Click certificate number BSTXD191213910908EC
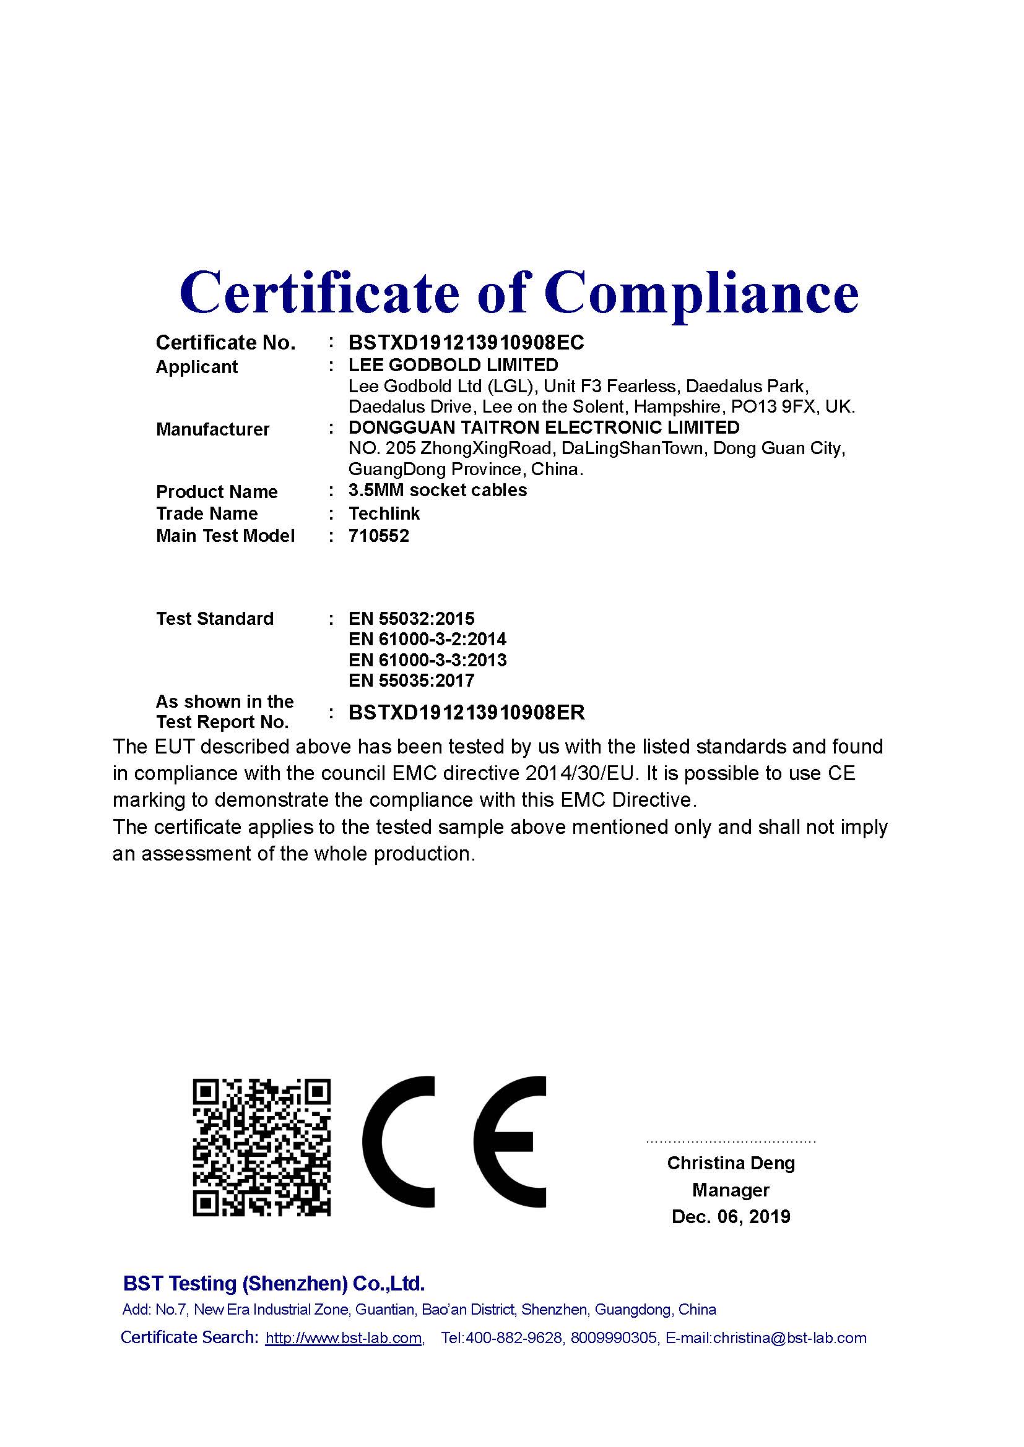click(x=466, y=342)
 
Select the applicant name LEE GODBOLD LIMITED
click(x=453, y=365)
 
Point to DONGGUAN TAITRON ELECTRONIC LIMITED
click(x=544, y=427)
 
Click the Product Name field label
click(x=216, y=492)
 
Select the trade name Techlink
click(x=384, y=513)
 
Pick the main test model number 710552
click(x=378, y=536)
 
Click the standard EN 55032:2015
click(x=411, y=618)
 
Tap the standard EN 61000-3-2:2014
click(x=427, y=639)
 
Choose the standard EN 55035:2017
click(x=411, y=680)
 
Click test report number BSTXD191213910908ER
click(x=467, y=712)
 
